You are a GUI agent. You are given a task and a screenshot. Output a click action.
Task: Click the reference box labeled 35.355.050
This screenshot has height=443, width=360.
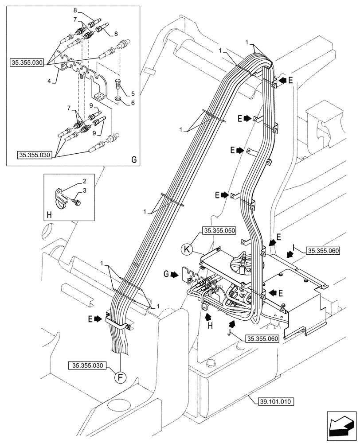coord(219,231)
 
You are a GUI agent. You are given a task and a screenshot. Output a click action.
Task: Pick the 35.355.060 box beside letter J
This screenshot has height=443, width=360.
coord(262,338)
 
